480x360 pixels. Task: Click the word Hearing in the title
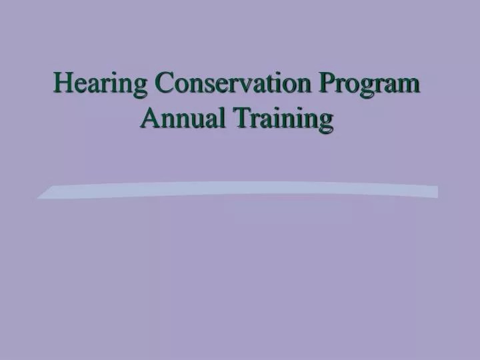101,85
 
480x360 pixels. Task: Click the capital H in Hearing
63,85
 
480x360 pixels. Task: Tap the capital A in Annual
150,118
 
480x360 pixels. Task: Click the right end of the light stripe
437,192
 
